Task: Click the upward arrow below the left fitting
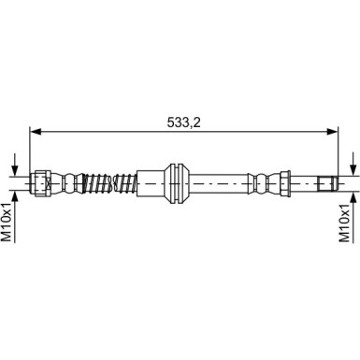(14, 198)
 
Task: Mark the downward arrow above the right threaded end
(353, 165)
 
